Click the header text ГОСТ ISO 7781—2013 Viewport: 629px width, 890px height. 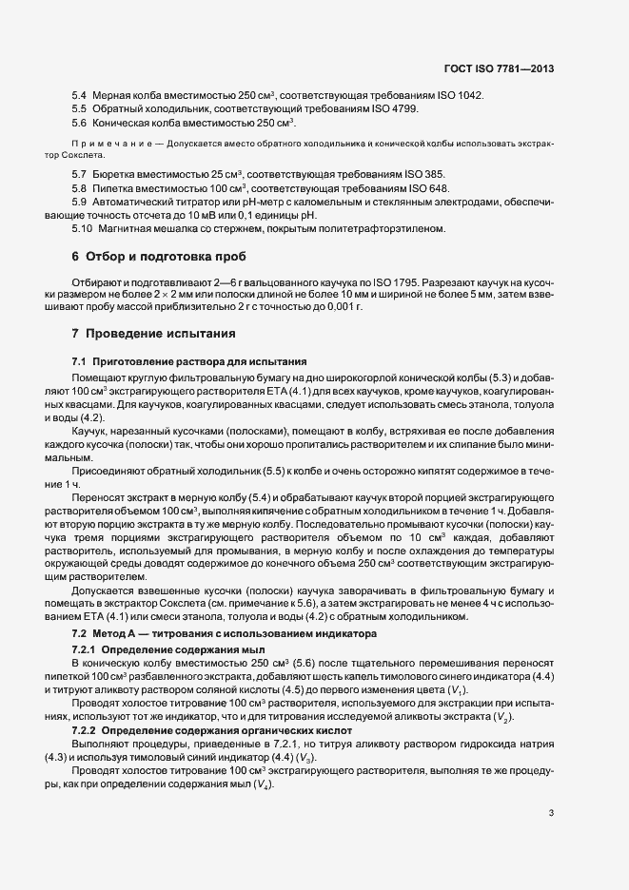point(499,69)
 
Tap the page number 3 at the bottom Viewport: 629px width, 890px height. point(551,812)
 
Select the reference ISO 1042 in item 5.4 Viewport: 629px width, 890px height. point(462,96)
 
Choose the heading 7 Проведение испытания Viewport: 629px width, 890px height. point(153,335)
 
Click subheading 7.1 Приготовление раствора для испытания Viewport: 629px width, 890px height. point(189,362)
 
